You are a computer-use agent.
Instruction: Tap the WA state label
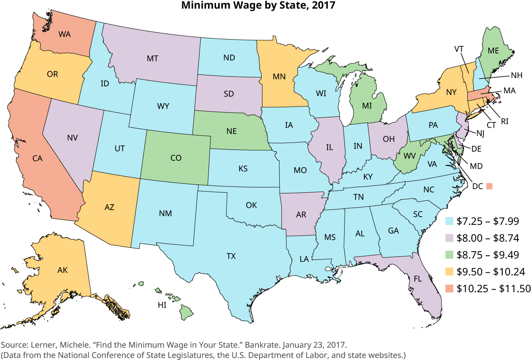(x=64, y=34)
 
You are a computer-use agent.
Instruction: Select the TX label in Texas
(x=231, y=256)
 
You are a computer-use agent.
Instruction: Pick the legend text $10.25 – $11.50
(x=489, y=288)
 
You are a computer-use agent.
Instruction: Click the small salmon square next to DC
(x=489, y=186)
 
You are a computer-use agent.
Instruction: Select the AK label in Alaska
(x=62, y=270)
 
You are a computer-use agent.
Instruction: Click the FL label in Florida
(x=418, y=278)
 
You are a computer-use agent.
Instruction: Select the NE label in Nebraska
(x=232, y=132)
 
